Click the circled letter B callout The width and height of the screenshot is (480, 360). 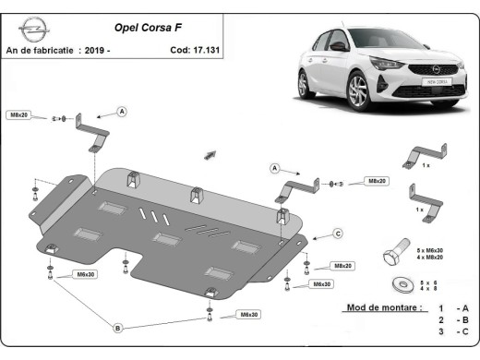coord(118,328)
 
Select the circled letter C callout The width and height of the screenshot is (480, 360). coord(338,234)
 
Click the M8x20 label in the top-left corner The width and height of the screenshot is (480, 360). coord(19,114)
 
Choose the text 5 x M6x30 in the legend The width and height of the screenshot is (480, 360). coord(431,250)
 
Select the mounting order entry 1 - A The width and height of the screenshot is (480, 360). coord(453,307)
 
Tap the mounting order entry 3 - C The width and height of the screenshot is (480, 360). coord(453,330)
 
